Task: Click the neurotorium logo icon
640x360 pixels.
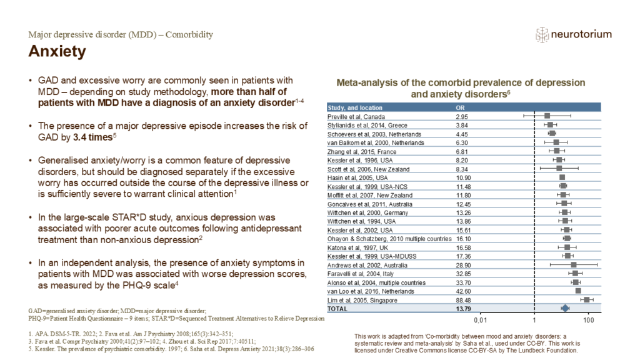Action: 541,35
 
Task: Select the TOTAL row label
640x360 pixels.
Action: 338,308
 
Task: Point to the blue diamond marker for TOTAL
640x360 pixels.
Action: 565,308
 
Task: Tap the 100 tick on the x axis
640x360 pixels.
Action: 588,319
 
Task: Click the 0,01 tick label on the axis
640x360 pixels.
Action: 480,319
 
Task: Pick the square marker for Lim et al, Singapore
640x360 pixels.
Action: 586,301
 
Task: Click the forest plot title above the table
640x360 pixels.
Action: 461,87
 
